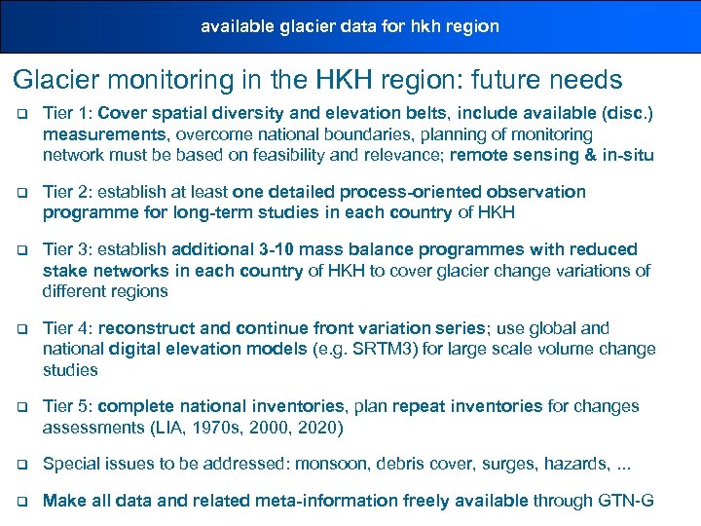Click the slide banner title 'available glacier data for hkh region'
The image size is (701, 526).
tap(350, 26)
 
